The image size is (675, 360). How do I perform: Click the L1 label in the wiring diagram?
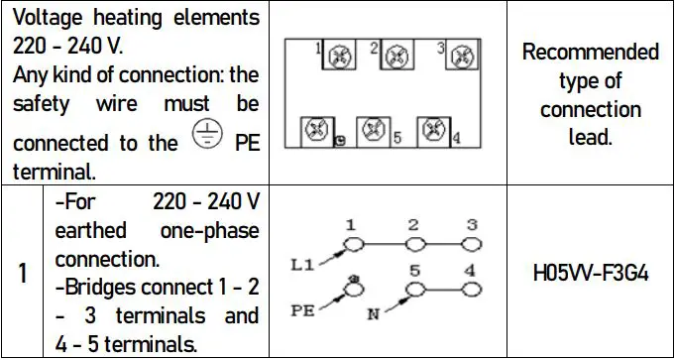tap(303, 264)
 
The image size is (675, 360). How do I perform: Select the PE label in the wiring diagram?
tap(303, 310)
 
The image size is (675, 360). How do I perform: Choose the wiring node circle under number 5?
tap(416, 288)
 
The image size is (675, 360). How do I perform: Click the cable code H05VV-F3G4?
tap(590, 273)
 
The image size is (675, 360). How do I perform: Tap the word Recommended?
tap(590, 52)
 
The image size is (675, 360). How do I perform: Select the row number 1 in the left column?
tap(22, 273)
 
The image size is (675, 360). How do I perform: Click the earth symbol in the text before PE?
tap(207, 140)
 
